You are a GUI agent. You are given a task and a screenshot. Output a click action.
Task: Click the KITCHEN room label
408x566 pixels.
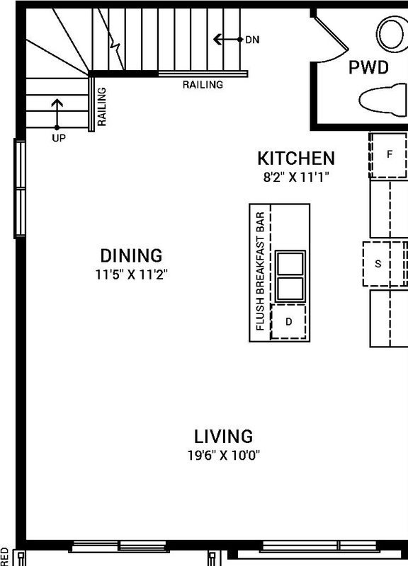click(295, 158)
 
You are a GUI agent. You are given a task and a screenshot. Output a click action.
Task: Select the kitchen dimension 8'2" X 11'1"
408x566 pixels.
click(295, 175)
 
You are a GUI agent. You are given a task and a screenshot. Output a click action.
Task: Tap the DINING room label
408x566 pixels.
click(131, 255)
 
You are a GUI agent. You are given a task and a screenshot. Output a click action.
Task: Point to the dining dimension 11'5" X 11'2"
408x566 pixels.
click(131, 272)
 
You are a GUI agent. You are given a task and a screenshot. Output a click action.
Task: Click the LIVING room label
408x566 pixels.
click(224, 437)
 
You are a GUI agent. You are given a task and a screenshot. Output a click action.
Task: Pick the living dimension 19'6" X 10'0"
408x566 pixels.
click(224, 455)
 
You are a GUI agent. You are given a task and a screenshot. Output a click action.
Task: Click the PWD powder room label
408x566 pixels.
click(368, 69)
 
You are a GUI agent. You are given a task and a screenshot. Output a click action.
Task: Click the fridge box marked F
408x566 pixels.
click(388, 154)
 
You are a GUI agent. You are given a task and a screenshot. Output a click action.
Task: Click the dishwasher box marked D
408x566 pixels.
click(288, 322)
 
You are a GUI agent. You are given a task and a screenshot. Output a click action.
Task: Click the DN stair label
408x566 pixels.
click(252, 40)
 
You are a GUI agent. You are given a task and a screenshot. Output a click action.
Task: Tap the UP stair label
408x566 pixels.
click(58, 139)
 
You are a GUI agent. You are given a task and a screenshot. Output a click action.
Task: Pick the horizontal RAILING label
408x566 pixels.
click(203, 85)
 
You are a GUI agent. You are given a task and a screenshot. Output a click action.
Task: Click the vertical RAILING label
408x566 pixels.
click(101, 107)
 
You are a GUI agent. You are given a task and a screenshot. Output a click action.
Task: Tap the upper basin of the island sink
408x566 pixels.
click(290, 262)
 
